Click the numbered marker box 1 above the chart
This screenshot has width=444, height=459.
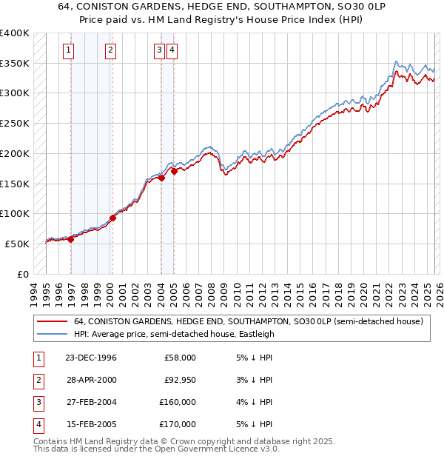pos(68,50)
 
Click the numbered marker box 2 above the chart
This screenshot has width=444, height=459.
pos(110,50)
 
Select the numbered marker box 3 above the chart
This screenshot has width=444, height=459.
pos(159,50)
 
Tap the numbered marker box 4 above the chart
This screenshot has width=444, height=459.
pos(172,50)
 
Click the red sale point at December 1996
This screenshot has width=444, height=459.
pos(71,239)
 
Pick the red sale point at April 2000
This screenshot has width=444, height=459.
pos(112,218)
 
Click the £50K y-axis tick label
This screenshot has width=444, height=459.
pos(17,244)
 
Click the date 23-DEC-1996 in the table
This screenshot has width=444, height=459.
pos(90,358)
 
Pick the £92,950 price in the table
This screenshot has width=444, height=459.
pos(179,380)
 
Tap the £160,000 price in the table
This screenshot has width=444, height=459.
pos(178,402)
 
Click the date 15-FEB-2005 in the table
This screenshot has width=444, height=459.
pos(90,424)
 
